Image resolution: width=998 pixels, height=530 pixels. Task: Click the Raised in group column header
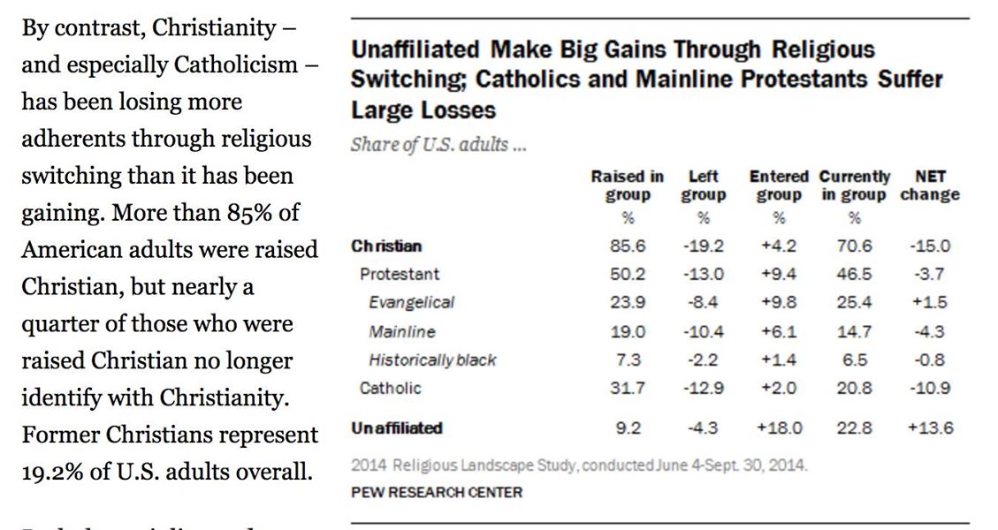(627, 185)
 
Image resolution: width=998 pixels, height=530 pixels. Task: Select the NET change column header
(930, 185)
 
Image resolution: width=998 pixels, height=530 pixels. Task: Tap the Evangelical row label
(411, 302)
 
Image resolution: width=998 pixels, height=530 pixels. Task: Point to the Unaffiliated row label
(397, 428)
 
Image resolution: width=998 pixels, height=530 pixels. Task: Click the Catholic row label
(390, 388)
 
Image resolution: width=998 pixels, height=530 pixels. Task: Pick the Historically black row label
(432, 360)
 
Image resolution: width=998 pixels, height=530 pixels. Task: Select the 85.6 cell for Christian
(627, 246)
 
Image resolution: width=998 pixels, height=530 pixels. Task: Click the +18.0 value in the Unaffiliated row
(779, 428)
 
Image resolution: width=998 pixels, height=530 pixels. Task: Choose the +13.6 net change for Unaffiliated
(930, 428)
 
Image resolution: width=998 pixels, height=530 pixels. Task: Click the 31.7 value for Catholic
(627, 388)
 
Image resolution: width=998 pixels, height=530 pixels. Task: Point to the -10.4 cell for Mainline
(704, 331)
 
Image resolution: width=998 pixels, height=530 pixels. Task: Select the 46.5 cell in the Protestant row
(854, 274)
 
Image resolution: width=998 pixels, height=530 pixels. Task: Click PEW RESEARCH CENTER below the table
(437, 492)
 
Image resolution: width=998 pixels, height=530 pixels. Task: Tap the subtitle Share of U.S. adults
(438, 145)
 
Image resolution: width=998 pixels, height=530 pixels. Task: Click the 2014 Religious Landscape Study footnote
(579, 466)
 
